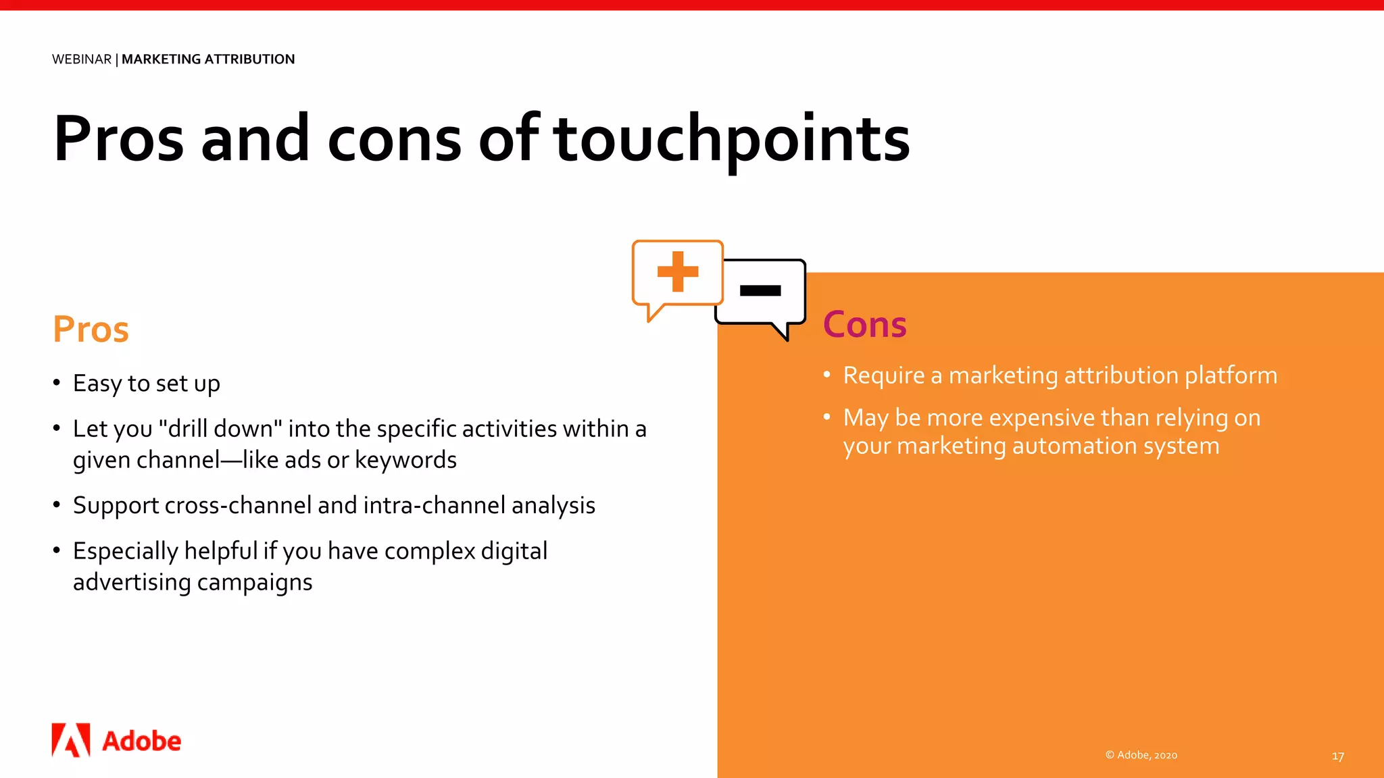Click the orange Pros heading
pos(91,330)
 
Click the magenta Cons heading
pos(864,325)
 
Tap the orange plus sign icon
pos(677,271)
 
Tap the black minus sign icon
pos(760,290)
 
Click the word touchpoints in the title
pos(731,140)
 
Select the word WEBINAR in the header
pos(82,59)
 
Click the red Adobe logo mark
pos(71,740)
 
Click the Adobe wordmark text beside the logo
pos(142,742)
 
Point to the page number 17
pos(1337,756)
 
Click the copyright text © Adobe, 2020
pos(1141,755)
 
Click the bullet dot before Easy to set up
pos(57,382)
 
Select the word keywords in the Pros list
pos(405,461)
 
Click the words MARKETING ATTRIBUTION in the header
pos(208,59)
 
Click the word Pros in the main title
pos(118,140)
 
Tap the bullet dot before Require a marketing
pos(826,374)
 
